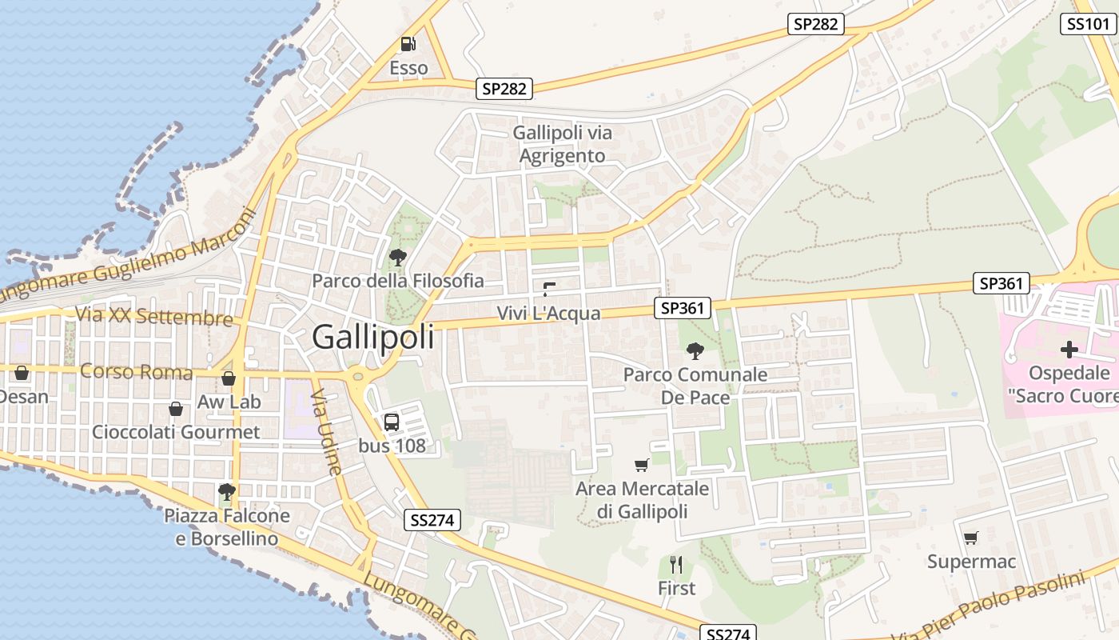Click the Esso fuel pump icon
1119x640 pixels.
tap(408, 44)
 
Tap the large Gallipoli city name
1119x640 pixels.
tap(373, 337)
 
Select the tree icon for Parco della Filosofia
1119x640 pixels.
tap(397, 258)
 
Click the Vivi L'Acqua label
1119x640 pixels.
tap(548, 313)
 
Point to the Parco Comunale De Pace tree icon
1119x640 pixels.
tap(695, 350)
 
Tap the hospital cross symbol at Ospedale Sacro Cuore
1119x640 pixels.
tap(1069, 350)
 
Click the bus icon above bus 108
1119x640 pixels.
tap(392, 422)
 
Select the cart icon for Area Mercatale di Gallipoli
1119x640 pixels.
tap(641, 465)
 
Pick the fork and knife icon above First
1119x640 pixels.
tap(676, 565)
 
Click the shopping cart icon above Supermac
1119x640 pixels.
tap(970, 538)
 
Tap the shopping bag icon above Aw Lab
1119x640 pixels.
tap(229, 378)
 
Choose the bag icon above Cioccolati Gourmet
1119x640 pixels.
tap(176, 410)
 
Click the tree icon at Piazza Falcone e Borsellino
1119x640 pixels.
tap(227, 491)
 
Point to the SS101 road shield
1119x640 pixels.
tap(1088, 24)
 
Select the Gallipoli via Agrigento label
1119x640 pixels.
tap(563, 144)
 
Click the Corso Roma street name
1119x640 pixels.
tap(137, 372)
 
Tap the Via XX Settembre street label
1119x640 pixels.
tap(155, 316)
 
